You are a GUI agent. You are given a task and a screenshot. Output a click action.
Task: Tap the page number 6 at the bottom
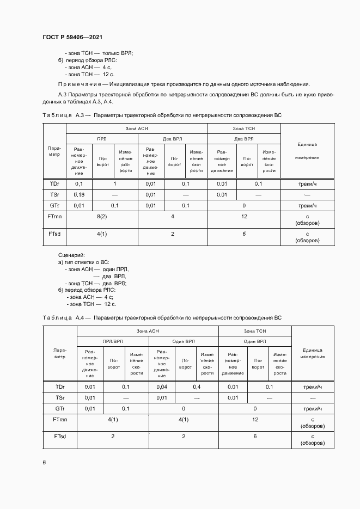44,462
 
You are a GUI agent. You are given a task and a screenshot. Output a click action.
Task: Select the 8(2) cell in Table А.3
101,217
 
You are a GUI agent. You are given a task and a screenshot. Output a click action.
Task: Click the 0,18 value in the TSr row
78,194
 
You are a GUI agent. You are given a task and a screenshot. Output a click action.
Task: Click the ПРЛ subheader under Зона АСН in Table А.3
102,139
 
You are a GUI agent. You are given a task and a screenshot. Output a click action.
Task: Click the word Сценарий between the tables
71,255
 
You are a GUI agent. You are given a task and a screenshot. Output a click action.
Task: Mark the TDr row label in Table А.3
54,184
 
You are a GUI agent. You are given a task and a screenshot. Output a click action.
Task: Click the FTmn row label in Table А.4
60,420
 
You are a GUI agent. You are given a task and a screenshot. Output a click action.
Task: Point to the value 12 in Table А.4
255,420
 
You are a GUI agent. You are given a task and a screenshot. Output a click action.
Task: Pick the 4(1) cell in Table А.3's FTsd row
101,234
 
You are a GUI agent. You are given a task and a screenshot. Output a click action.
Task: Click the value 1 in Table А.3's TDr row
115,184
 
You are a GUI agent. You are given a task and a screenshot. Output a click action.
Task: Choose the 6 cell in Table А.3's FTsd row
243,234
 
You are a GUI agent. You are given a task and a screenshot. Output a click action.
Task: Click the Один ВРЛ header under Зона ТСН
255,341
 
